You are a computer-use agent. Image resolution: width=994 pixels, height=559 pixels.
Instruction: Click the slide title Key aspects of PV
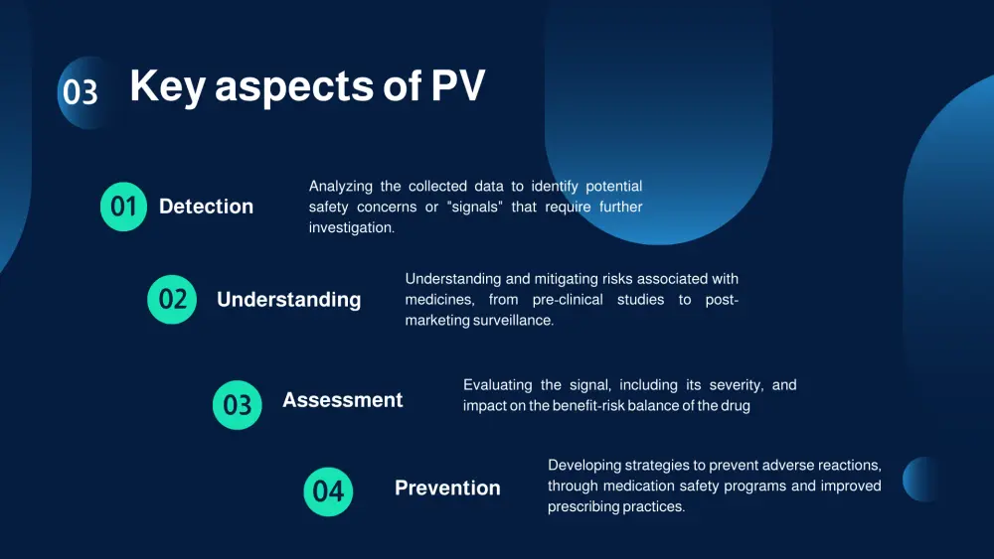click(307, 85)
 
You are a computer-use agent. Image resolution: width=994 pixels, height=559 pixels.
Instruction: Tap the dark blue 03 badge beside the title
click(83, 92)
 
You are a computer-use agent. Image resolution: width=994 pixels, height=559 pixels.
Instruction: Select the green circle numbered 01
click(123, 207)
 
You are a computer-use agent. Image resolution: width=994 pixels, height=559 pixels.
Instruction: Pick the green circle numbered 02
click(172, 300)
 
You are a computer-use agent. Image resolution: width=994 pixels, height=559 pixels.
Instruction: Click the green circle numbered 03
click(238, 405)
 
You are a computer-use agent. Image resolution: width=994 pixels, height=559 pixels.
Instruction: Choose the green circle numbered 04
click(328, 491)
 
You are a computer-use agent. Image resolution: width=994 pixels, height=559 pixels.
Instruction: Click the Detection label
click(206, 207)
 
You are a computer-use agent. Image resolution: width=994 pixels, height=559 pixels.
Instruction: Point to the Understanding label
click(289, 300)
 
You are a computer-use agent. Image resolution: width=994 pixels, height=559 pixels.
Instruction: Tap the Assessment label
click(342, 400)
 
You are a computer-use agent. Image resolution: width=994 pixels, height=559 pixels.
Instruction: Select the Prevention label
click(447, 489)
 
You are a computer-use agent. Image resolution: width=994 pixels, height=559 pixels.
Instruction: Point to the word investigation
click(352, 228)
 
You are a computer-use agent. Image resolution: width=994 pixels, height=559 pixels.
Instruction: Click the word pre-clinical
click(568, 300)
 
